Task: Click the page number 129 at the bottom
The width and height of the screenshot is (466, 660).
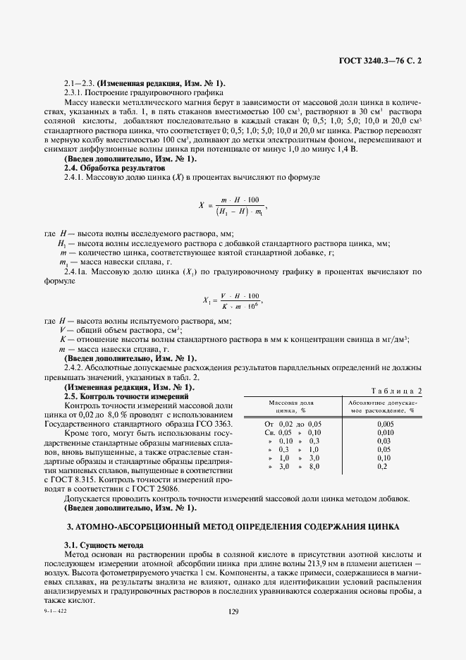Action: click(x=233, y=611)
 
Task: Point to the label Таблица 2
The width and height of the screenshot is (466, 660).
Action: click(x=396, y=390)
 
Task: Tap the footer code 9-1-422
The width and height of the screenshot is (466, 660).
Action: click(x=54, y=611)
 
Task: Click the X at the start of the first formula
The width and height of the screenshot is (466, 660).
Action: click(x=201, y=205)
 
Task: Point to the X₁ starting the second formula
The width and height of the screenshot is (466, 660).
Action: click(x=207, y=301)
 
